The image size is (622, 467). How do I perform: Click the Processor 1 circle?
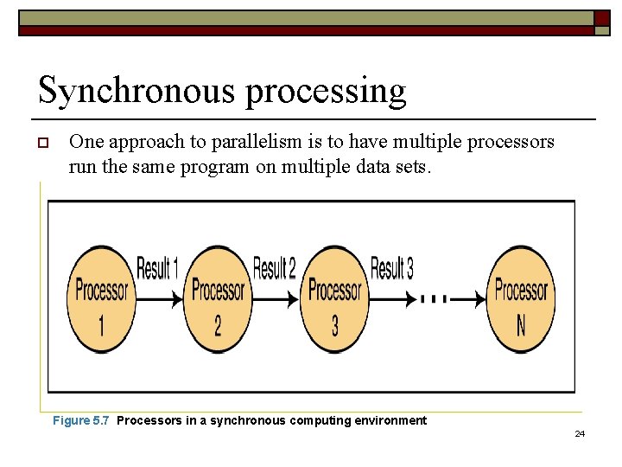coord(101,299)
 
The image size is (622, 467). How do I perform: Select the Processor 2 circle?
coord(218,299)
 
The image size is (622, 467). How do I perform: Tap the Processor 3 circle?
coord(334,299)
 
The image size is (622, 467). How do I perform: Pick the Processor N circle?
coord(521,299)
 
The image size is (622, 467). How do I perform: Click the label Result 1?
coord(156,269)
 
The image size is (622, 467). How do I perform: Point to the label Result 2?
coord(274,269)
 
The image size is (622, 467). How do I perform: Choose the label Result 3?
coord(391,269)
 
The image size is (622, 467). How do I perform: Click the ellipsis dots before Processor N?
coord(434,299)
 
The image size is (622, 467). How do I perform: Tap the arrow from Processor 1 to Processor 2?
coord(158,299)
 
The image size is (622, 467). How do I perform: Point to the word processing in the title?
coord(326,92)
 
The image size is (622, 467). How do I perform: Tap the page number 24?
coord(580,432)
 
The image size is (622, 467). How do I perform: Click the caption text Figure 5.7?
coord(81,420)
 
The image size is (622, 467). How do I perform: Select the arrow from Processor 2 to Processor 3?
coord(276,299)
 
